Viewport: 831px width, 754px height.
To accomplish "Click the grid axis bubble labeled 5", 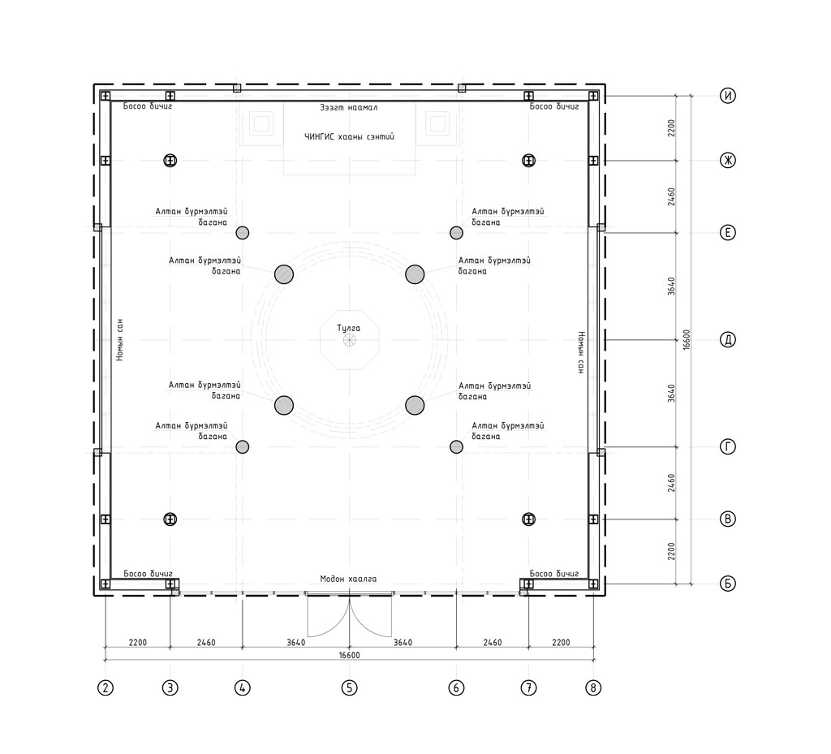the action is coord(349,687).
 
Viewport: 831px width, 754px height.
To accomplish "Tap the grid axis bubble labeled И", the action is coord(728,96).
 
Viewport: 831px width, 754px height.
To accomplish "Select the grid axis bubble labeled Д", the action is coord(728,339).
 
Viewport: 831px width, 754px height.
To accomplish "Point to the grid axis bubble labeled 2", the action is coord(105,687).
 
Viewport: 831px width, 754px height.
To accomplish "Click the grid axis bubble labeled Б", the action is coord(728,584).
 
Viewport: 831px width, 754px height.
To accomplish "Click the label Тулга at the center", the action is coord(349,328).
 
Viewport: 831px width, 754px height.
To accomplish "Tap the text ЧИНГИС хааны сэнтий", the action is coord(349,136).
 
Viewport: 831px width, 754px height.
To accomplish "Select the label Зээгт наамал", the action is coord(349,107).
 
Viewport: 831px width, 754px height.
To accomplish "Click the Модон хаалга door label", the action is coord(349,579).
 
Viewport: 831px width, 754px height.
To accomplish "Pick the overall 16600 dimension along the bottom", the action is coord(349,655).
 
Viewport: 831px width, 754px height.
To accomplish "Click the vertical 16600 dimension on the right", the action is coord(687,339).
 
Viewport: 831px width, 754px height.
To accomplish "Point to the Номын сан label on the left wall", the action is coord(120,339).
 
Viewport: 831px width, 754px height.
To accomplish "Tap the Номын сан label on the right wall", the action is coord(581,353).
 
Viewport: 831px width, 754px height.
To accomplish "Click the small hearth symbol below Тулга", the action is coord(349,340).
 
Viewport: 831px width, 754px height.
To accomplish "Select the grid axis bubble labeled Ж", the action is coord(728,160).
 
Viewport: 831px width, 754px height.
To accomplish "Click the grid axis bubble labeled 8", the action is coord(593,687).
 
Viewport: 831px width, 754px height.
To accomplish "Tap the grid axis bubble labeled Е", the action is coord(728,233).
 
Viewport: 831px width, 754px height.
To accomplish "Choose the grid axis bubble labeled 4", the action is coord(242,687).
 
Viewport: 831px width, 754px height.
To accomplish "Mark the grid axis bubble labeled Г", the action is coord(728,446).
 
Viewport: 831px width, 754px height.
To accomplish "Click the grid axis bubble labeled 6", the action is coord(456,687).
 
